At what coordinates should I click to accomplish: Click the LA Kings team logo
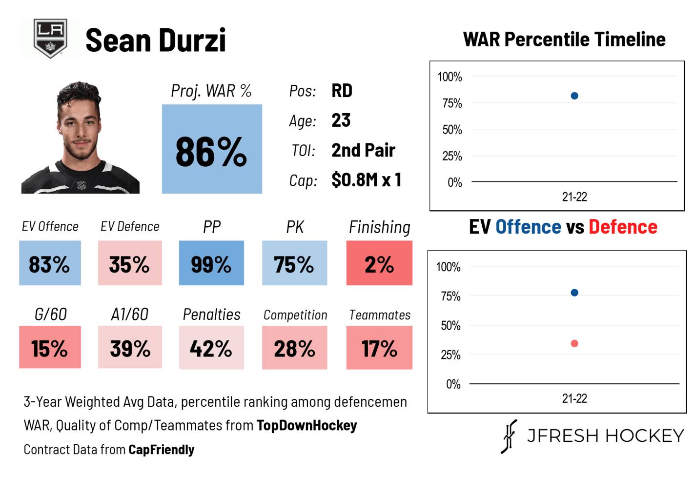tap(50, 38)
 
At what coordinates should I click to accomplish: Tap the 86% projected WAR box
tap(212, 149)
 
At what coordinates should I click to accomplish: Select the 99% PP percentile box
tap(211, 263)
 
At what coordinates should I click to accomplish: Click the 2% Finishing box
tap(379, 263)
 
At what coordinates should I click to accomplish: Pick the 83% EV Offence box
tap(50, 263)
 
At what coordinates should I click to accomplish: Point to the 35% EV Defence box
tap(130, 263)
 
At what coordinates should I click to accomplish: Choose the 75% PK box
tap(294, 263)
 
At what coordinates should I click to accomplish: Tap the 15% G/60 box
tap(50, 347)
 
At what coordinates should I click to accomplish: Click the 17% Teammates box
tap(379, 348)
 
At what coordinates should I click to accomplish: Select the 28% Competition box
tap(294, 348)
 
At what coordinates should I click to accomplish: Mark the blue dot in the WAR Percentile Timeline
tap(574, 96)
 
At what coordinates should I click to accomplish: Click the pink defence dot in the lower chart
tap(574, 344)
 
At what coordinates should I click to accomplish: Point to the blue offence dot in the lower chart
tap(574, 293)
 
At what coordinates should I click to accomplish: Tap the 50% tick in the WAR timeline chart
tap(452, 130)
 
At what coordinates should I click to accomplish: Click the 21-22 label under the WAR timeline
tap(574, 197)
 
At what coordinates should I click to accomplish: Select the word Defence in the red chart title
tap(623, 227)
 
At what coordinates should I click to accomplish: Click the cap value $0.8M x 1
tap(366, 180)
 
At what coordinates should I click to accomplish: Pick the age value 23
tap(341, 120)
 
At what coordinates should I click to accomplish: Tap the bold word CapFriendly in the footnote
tap(161, 450)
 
